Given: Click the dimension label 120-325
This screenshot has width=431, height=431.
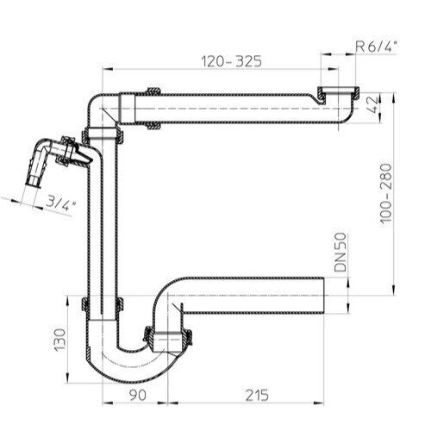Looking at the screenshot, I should point(232,61).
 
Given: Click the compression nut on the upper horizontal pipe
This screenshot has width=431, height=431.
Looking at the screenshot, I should point(156,108).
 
